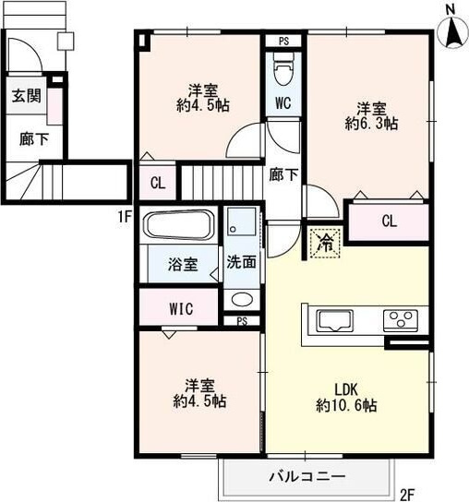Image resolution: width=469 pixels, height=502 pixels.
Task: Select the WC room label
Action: [283, 103]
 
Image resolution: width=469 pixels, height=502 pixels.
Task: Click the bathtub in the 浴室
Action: [180, 225]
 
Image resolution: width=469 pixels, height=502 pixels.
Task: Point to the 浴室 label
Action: [181, 265]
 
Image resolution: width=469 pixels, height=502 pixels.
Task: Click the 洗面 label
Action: [242, 261]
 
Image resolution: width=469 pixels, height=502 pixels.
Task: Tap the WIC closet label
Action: [181, 309]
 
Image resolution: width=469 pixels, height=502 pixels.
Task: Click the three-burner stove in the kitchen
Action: [402, 320]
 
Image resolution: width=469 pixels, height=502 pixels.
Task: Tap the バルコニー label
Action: [307, 476]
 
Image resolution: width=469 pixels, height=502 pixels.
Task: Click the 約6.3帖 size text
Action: [371, 122]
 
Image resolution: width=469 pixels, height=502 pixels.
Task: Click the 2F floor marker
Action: [407, 494]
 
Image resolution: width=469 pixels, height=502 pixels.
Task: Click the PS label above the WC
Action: [283, 41]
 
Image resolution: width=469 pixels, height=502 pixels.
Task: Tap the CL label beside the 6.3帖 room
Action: [389, 221]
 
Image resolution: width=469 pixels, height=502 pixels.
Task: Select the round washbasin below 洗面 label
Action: [242, 298]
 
